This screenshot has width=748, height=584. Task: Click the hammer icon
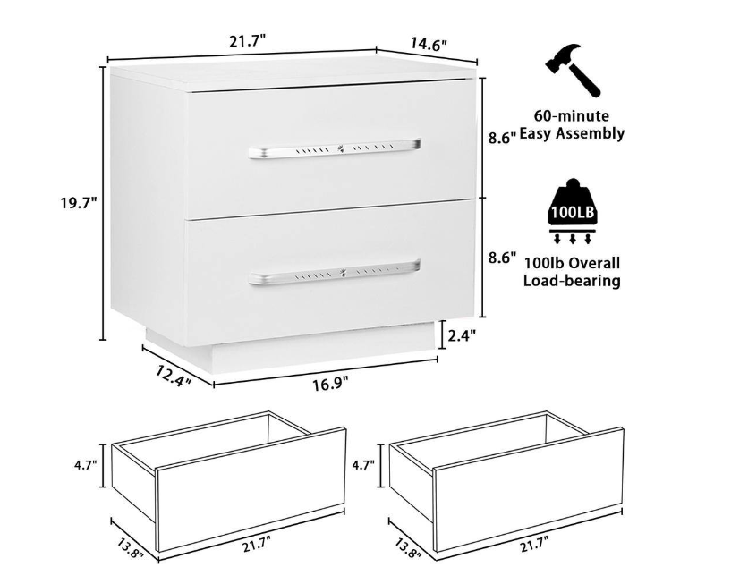click(573, 71)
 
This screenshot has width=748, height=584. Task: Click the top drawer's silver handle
click(335, 148)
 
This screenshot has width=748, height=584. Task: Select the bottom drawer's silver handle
click(335, 273)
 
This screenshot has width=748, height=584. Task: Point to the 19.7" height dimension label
click(78, 203)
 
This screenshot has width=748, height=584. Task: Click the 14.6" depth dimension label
click(429, 44)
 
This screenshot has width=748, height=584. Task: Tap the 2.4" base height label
click(463, 335)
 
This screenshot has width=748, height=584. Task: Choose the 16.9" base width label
click(330, 384)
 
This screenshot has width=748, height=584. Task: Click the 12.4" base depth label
click(174, 376)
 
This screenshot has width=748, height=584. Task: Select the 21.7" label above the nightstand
click(247, 41)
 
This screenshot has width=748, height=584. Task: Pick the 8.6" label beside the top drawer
click(502, 139)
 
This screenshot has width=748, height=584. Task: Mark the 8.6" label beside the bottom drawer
click(502, 258)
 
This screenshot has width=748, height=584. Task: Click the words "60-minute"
click(572, 116)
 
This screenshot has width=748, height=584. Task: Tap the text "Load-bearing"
click(572, 280)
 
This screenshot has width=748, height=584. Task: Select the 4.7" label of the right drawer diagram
click(362, 464)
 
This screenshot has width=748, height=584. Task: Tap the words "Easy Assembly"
click(572, 133)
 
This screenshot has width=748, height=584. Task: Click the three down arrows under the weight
click(572, 237)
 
